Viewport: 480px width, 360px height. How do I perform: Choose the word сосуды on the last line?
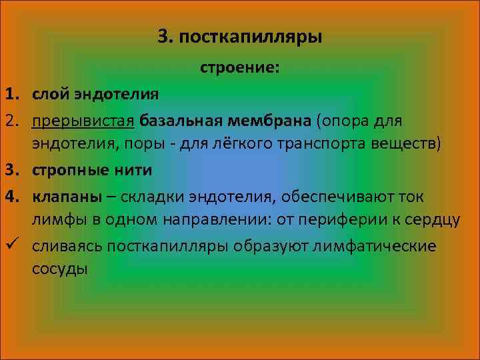(x=59, y=270)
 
